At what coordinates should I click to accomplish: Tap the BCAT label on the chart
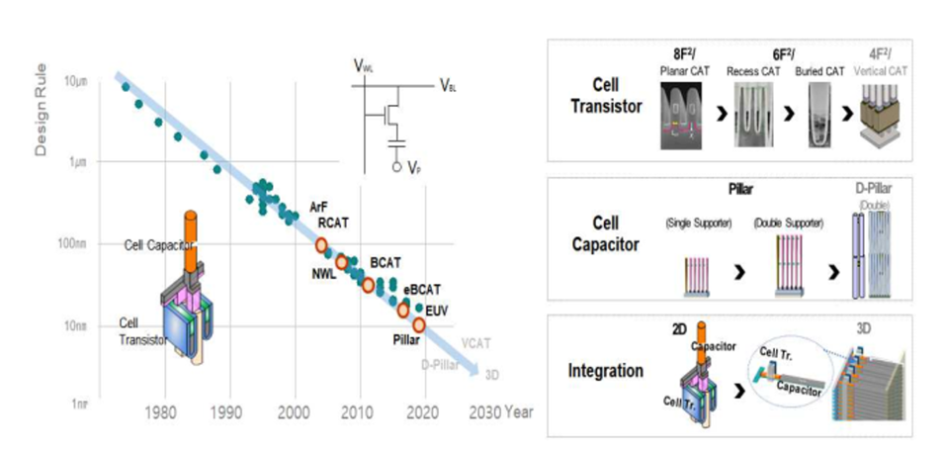[385, 262]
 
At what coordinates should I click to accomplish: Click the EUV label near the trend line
[436, 311]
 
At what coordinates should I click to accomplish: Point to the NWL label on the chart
[323, 274]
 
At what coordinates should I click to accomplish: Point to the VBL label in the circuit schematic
[450, 86]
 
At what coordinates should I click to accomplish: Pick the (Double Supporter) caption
[787, 224]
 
